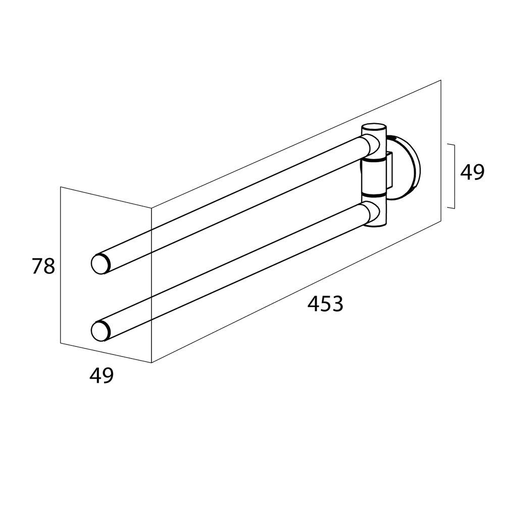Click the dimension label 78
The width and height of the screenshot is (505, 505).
(43, 266)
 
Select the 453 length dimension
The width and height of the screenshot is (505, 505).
(325, 304)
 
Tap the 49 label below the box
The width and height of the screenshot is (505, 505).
(102, 375)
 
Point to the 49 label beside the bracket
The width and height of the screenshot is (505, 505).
(472, 172)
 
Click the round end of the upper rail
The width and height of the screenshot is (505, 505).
(101, 264)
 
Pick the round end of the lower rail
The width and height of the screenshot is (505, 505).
(101, 331)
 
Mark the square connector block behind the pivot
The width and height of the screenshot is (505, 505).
(389, 170)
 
